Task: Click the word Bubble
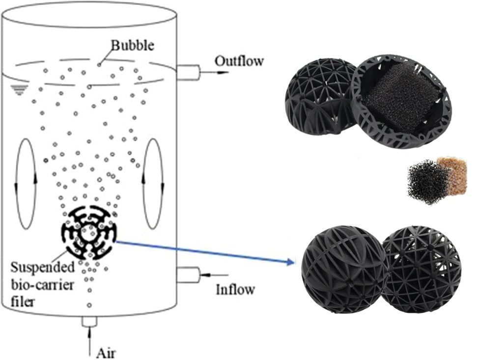pyautogui.click(x=133, y=46)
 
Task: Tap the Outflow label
pyautogui.click(x=239, y=61)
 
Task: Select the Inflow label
pyautogui.click(x=235, y=290)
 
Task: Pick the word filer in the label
pyautogui.click(x=24, y=301)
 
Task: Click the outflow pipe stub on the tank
pyautogui.click(x=187, y=73)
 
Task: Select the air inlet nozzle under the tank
pyautogui.click(x=89, y=321)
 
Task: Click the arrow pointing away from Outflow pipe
pyautogui.click(x=216, y=73)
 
